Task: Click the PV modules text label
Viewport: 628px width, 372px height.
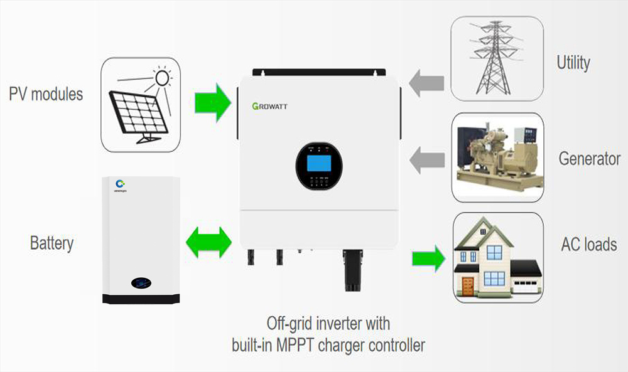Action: click(46, 95)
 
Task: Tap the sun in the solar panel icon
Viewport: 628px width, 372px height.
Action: click(163, 77)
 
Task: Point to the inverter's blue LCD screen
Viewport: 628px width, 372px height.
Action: click(319, 164)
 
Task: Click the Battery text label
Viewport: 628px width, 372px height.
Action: click(51, 243)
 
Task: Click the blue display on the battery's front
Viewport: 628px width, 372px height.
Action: click(141, 284)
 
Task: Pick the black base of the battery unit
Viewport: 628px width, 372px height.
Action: click(141, 298)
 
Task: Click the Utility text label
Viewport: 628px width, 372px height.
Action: click(573, 63)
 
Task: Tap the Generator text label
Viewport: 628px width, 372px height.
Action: click(589, 159)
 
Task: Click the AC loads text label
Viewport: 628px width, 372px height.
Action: click(588, 244)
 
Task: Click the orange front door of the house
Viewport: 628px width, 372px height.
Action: click(467, 287)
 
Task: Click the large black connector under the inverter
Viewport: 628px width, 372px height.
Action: click(356, 270)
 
